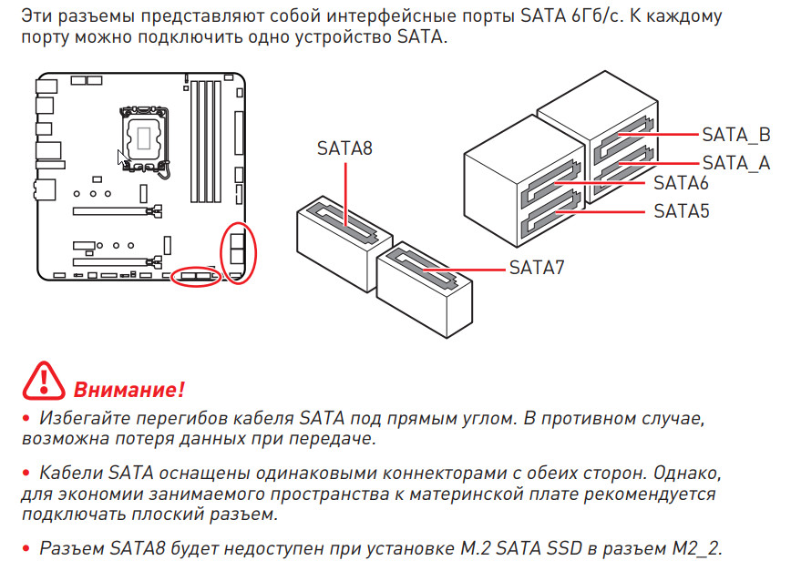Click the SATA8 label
(344, 148)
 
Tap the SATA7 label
(537, 268)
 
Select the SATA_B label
(736, 135)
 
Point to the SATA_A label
(736, 163)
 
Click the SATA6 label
(681, 183)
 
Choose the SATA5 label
(681, 211)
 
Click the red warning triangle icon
(44, 382)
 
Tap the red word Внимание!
(129, 390)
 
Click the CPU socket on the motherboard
(144, 138)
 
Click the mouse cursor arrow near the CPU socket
(121, 158)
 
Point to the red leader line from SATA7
(464, 270)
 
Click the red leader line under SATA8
(345, 195)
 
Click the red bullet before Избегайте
(26, 418)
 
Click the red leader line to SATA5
(601, 212)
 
